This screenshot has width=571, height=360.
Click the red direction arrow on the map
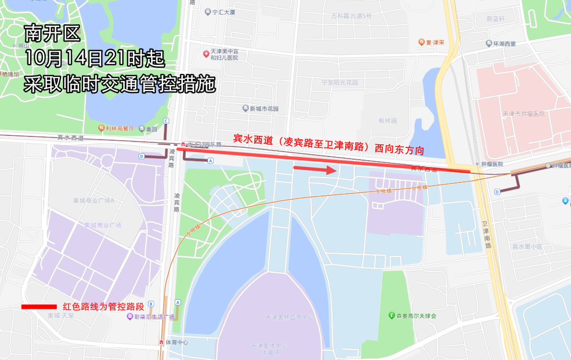click(x=315, y=170)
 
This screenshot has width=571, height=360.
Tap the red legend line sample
click(x=39, y=307)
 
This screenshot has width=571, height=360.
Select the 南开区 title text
click(x=52, y=35)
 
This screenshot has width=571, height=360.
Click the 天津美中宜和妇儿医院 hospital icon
click(x=206, y=54)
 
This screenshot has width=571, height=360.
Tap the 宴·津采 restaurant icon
click(x=421, y=42)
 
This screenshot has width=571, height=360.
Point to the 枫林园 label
click(x=388, y=121)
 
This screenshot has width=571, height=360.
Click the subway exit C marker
click(x=166, y=121)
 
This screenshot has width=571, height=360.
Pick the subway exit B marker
click(x=151, y=303)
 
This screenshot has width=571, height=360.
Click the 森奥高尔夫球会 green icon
click(x=392, y=316)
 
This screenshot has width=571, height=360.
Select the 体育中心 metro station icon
click(x=161, y=342)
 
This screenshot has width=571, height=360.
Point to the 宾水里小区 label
click(x=527, y=246)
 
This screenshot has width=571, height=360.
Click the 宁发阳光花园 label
click(x=340, y=82)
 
